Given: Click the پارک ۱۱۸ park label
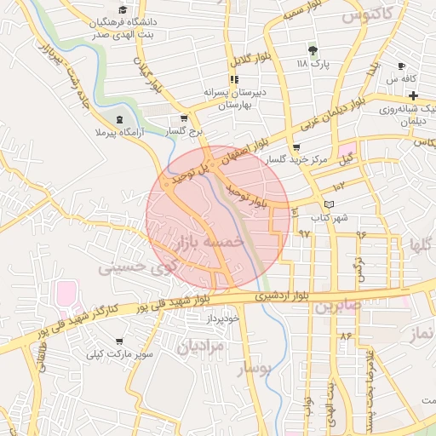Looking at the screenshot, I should click(x=312, y=63).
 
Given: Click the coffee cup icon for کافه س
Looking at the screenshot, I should click(x=401, y=66).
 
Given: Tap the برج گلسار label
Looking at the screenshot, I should click(x=186, y=133).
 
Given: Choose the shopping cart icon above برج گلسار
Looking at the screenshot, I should click(x=184, y=119).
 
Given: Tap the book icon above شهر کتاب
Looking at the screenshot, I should click(x=330, y=204).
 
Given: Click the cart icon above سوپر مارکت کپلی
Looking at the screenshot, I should click(x=118, y=338).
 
